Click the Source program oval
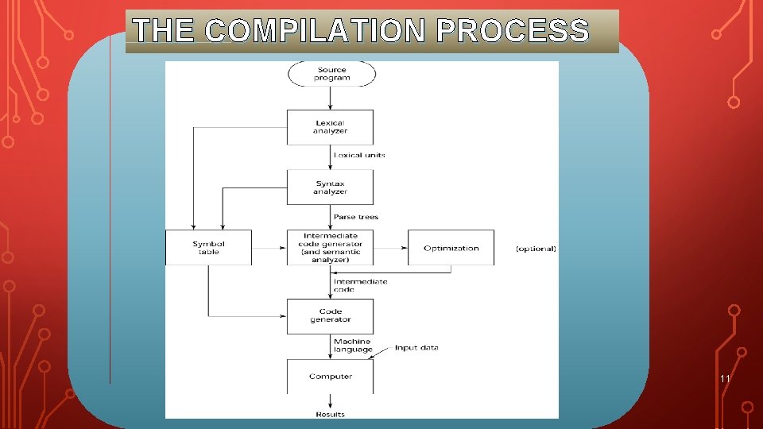tap(331, 74)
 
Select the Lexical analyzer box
tap(330, 127)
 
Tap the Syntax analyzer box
tap(330, 187)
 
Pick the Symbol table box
tap(208, 248)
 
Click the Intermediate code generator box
tap(330, 248)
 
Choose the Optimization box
tap(451, 248)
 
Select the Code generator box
tap(330, 315)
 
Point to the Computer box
tap(330, 377)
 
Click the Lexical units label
tap(359, 155)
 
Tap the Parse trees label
tap(356, 217)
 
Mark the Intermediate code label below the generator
tap(360, 285)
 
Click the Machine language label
tap(352, 346)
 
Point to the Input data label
tap(416, 348)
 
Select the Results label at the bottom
tap(330, 414)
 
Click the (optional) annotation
tap(536, 249)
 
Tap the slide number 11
tap(724, 379)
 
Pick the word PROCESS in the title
tap(513, 31)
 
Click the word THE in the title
tap(163, 31)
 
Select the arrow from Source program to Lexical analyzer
tap(331, 98)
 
